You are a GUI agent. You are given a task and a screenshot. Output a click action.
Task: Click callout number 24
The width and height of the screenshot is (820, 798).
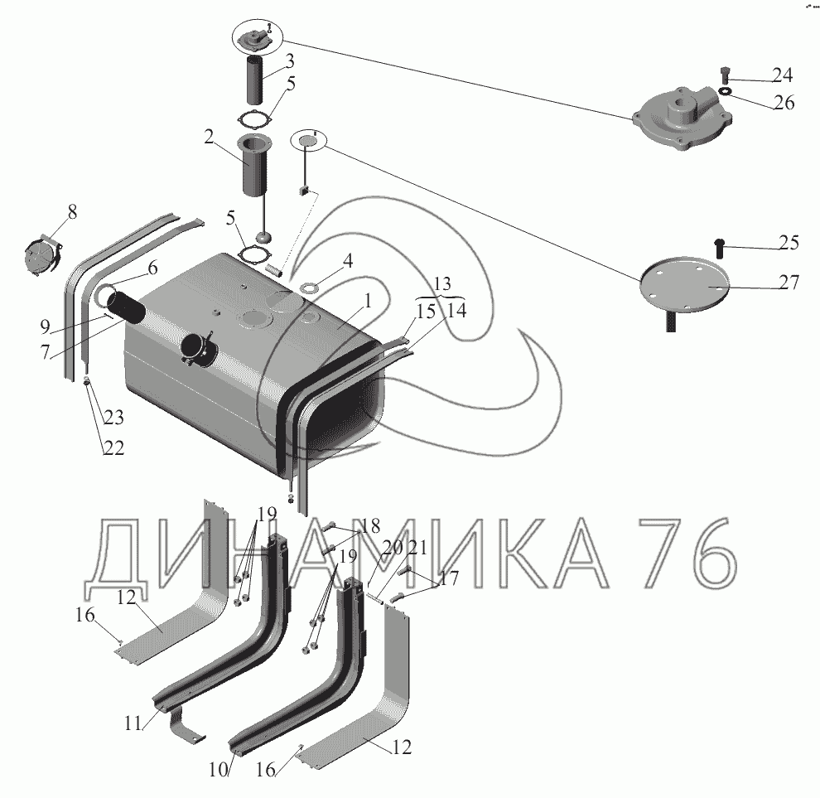click(x=783, y=76)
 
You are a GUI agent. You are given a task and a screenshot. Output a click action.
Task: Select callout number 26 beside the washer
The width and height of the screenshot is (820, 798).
click(x=784, y=103)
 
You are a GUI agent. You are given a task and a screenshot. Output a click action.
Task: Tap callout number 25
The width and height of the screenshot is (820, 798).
click(x=789, y=243)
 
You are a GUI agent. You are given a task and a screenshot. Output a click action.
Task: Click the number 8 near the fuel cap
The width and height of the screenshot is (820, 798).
click(x=73, y=212)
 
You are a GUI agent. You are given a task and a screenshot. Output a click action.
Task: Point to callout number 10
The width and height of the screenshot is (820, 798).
click(x=218, y=768)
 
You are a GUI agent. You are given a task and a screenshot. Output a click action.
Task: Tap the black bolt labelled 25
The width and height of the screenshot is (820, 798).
click(x=719, y=245)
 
